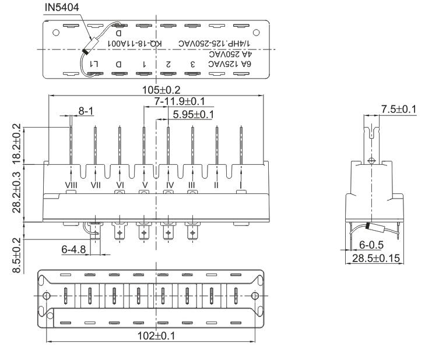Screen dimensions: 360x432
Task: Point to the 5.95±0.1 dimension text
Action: click(x=190, y=114)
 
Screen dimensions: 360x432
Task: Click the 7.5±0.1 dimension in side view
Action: click(x=398, y=109)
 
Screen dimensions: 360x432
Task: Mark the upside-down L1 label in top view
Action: click(x=95, y=63)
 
